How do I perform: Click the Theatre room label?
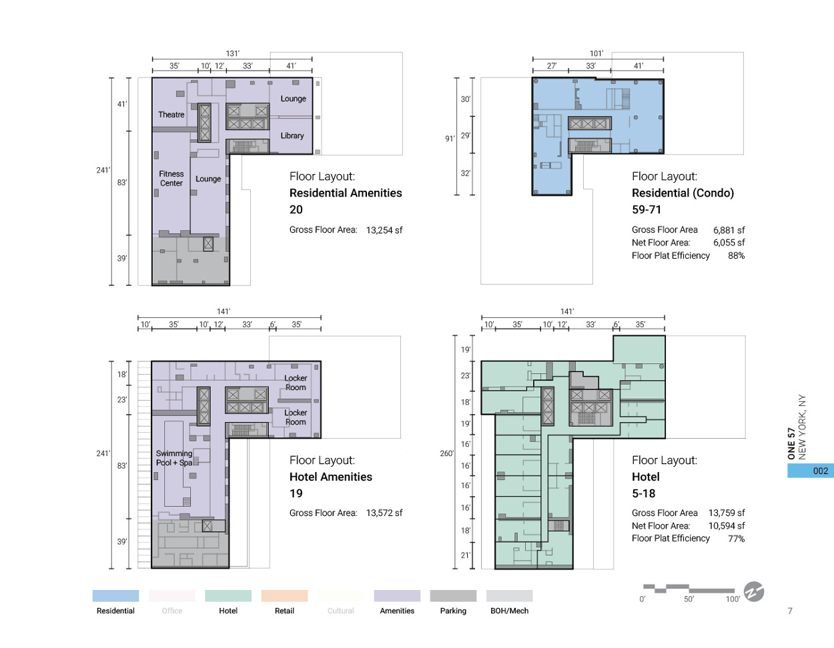point(171,115)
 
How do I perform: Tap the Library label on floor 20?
point(292,135)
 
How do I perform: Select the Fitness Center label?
point(171,179)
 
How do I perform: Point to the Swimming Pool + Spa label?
point(173,458)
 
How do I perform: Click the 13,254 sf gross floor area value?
point(384,230)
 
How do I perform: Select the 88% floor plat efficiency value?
point(736,255)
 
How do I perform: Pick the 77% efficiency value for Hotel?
point(736,539)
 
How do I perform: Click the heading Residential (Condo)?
point(683,193)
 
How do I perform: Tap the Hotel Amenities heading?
point(331,477)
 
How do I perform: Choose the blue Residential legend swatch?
point(115,596)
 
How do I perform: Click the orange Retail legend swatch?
point(284,596)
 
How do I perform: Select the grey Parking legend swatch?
point(453,596)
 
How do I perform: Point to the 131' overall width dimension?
point(232,53)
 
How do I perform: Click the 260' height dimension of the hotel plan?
point(446,453)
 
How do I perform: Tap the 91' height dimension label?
point(450,139)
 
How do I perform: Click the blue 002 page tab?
point(811,471)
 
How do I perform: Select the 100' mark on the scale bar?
point(733,599)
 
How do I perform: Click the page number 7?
point(790,611)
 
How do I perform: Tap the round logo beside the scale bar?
point(754,591)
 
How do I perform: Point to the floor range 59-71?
point(647,209)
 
